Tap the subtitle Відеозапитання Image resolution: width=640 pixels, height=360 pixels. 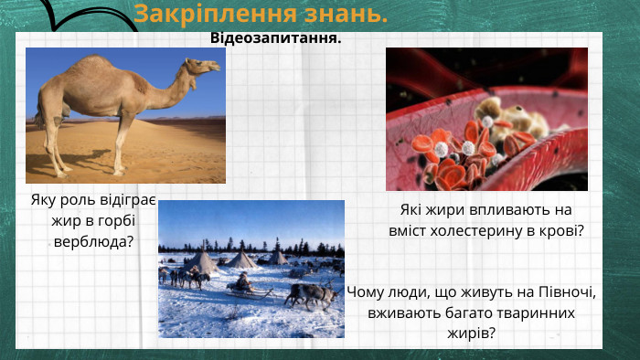(x=275, y=38)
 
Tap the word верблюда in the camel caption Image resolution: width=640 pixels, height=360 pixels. (x=89, y=241)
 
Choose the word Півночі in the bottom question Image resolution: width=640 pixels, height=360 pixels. (x=561, y=293)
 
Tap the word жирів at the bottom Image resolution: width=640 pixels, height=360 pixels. (x=468, y=332)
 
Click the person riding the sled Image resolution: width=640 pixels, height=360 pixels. (x=242, y=282)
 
